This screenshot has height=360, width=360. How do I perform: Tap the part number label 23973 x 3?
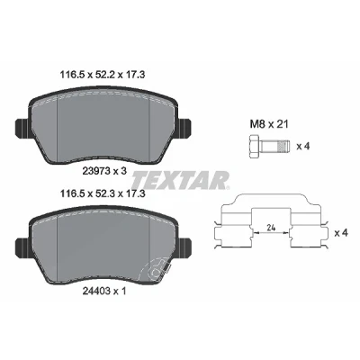(x=103, y=171)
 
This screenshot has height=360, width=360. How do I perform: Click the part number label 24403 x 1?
(x=103, y=291)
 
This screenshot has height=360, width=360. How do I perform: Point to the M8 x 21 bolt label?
(x=269, y=124)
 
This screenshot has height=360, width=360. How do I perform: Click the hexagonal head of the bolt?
(x=255, y=147)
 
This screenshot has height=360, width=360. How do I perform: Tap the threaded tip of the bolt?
(x=283, y=147)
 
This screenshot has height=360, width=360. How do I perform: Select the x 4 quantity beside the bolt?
(x=303, y=147)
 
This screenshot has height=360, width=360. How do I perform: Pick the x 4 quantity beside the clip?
(x=341, y=232)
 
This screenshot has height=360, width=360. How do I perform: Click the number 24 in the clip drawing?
(x=271, y=228)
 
